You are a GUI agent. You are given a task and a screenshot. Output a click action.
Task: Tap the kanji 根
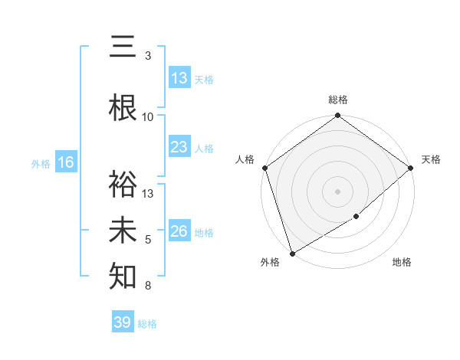tap(123, 108)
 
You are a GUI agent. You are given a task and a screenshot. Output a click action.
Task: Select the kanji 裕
tap(123, 184)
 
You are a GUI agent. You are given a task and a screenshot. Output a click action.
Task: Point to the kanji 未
tap(123, 231)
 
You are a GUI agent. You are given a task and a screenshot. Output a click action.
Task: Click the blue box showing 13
tap(179, 77)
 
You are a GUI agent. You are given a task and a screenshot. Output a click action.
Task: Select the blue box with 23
tap(179, 147)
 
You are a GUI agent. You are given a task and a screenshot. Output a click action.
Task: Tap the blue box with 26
tap(179, 231)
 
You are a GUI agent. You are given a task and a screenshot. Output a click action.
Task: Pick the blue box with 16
tap(66, 162)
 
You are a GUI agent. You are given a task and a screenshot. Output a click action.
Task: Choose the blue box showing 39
tap(123, 322)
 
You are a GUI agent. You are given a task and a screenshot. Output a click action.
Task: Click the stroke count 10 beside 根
tap(148, 116)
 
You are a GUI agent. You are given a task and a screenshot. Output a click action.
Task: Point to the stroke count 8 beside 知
tap(148, 286)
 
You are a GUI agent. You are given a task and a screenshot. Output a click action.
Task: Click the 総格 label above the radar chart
tap(338, 100)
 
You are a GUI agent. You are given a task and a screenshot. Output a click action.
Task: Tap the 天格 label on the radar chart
tap(431, 159)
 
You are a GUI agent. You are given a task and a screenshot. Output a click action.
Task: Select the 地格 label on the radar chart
tap(402, 262)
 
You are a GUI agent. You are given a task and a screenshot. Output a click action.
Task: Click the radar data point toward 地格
tap(356, 217)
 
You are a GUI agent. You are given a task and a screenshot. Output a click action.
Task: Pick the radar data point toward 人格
tap(264, 168)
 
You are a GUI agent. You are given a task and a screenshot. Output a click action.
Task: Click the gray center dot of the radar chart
tap(337, 191)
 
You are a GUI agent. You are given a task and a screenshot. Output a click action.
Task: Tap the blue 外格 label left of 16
tap(40, 163)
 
